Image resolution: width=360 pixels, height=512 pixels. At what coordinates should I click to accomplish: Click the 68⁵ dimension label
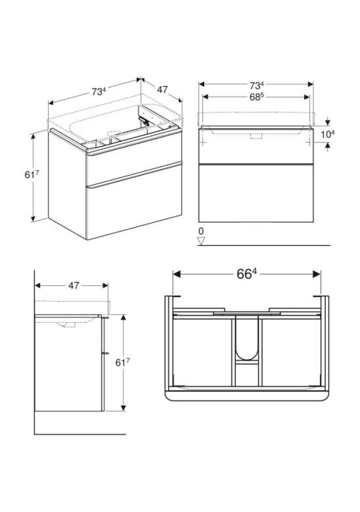click(x=257, y=97)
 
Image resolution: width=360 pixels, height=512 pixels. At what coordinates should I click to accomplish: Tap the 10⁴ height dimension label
click(x=327, y=134)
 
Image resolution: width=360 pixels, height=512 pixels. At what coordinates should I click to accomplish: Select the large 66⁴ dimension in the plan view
click(x=246, y=274)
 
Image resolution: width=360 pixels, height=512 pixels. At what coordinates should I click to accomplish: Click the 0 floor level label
click(x=201, y=231)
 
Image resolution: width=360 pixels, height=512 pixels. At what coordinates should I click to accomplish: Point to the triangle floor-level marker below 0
click(x=202, y=241)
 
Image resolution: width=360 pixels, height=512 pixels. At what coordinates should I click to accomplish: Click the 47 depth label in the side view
click(x=74, y=285)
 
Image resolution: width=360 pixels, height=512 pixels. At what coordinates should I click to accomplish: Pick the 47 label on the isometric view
click(x=162, y=89)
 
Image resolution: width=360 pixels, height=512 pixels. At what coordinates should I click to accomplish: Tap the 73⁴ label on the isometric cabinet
click(x=99, y=92)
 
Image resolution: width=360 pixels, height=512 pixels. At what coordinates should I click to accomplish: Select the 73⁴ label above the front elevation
click(x=257, y=85)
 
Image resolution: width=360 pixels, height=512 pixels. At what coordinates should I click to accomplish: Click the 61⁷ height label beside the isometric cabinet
click(x=31, y=175)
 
